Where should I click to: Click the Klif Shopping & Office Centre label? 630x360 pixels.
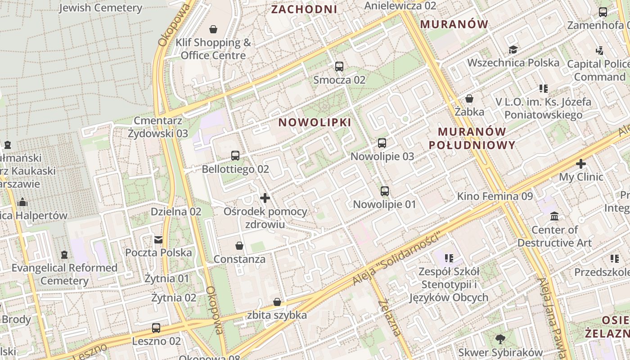tap(213, 49)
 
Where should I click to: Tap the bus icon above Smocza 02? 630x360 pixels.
tap(339, 67)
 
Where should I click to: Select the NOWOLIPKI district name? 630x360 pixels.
tap(315, 122)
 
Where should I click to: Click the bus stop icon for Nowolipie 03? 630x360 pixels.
tap(382, 143)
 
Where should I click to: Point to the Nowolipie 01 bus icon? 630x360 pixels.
tap(384, 191)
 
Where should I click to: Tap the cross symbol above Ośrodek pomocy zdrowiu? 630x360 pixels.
tap(265, 198)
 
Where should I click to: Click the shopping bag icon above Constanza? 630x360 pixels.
tap(239, 246)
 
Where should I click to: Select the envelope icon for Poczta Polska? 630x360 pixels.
tap(158, 239)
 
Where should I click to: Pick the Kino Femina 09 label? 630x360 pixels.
tap(495, 196)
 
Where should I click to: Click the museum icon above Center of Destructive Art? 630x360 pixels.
tap(554, 216)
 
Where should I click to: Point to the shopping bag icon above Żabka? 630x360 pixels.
tap(469, 99)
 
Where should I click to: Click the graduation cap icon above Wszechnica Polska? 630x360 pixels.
tap(513, 49)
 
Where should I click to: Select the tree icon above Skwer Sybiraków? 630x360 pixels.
tap(500, 339)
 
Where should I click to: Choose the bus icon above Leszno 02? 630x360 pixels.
tap(156, 328)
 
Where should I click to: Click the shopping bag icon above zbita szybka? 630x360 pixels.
tap(277, 302)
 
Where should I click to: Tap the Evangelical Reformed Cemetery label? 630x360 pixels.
tap(64, 274)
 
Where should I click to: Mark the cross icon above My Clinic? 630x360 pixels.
tap(581, 164)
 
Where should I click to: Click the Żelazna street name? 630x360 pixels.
tap(390, 318)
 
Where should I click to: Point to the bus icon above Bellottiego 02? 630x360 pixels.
tap(235, 156)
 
